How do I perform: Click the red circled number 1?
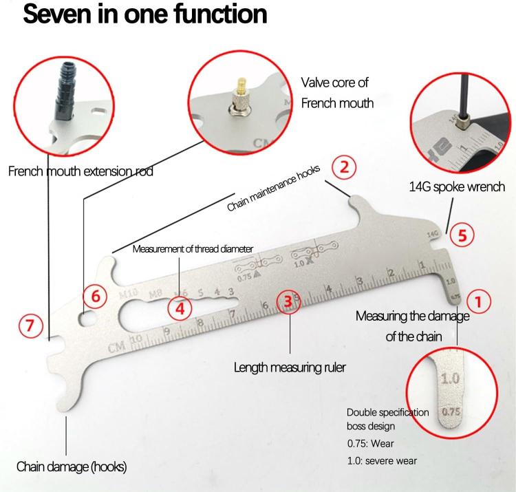[x=478, y=301]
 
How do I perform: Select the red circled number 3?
[x=288, y=301]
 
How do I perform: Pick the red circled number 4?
[x=180, y=309]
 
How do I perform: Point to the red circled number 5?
[x=462, y=235]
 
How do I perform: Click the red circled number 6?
[x=95, y=296]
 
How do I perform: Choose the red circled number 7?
[x=30, y=325]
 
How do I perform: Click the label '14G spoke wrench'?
[x=457, y=186]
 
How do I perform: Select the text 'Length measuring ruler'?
[x=290, y=367]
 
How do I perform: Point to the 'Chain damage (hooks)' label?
[x=72, y=467]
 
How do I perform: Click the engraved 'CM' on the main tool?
[x=116, y=347]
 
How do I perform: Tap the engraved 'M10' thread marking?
[x=128, y=293]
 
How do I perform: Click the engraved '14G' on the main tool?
[x=433, y=234]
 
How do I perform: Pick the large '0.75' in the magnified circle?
[x=451, y=411]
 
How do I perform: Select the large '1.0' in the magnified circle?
[x=450, y=378]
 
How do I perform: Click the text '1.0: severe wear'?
[x=382, y=461]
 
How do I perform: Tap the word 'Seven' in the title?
[x=58, y=14]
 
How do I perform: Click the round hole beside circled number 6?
[x=86, y=319]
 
